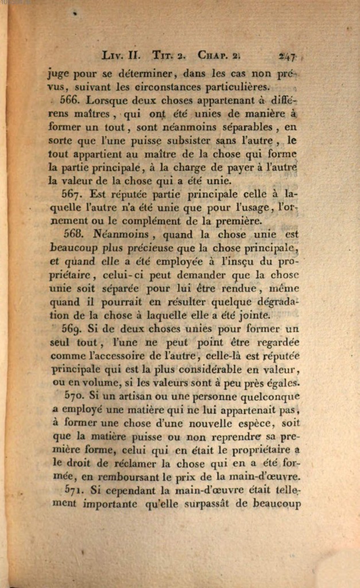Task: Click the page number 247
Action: click(x=287, y=56)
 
